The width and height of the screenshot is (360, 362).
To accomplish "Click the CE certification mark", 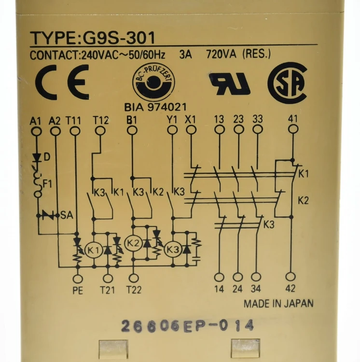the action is pyautogui.click(x=62, y=82).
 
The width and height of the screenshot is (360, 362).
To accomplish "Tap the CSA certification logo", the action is pyautogui.click(x=287, y=83).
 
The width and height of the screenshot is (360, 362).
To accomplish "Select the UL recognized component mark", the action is pyautogui.click(x=230, y=84).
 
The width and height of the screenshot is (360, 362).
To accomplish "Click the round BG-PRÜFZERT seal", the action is pyautogui.click(x=153, y=83).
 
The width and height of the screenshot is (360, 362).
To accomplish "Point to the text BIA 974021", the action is pyautogui.click(x=155, y=107).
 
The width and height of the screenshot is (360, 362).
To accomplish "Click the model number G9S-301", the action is pyautogui.click(x=119, y=38).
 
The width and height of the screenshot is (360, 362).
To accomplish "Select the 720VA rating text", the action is pyautogui.click(x=222, y=55).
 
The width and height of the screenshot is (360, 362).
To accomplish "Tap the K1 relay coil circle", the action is pyautogui.click(x=94, y=250).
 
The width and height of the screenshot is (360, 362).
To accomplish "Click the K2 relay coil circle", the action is pyautogui.click(x=133, y=243).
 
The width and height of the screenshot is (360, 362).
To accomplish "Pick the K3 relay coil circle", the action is pyautogui.click(x=173, y=250).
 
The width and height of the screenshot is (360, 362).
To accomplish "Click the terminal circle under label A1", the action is pyautogui.click(x=36, y=132).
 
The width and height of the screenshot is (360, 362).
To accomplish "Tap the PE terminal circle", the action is pyautogui.click(x=78, y=279).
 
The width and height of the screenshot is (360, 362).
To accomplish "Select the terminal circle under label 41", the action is pyautogui.click(x=293, y=129).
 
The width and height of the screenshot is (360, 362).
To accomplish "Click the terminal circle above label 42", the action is pyautogui.click(x=291, y=277).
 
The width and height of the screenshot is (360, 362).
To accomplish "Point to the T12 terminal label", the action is pyautogui.click(x=101, y=120).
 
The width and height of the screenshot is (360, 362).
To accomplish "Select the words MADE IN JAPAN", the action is pyautogui.click(x=278, y=304).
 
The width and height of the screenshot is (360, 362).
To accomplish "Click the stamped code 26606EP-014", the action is pyautogui.click(x=187, y=326).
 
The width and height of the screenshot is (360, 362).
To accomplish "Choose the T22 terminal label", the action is pyautogui.click(x=134, y=290).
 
